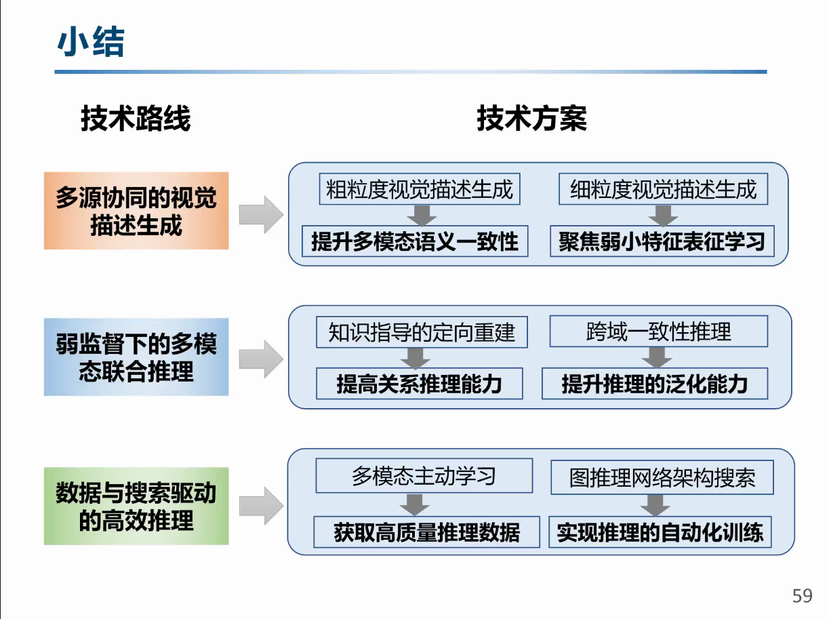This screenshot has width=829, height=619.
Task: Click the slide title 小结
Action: (x=91, y=41)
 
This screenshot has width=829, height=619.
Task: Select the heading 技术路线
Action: (x=136, y=119)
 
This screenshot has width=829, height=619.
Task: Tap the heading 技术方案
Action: (x=532, y=119)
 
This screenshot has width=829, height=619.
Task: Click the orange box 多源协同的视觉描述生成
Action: (x=136, y=211)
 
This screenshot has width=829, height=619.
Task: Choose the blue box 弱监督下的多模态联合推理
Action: (x=136, y=357)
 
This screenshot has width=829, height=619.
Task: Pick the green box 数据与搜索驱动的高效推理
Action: (x=136, y=506)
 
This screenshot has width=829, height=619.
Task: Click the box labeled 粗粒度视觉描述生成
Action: (x=420, y=189)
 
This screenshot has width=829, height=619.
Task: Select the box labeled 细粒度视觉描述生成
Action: (x=663, y=189)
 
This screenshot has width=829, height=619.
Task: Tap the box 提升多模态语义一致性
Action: (x=415, y=241)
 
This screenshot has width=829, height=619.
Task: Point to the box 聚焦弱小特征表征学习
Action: (x=662, y=241)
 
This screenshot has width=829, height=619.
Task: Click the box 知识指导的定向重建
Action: (x=422, y=332)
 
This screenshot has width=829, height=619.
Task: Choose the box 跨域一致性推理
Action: (x=659, y=332)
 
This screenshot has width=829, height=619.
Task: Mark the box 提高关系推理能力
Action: (x=419, y=384)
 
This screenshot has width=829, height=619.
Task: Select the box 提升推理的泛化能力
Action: (x=655, y=384)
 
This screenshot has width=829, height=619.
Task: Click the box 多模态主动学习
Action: (x=424, y=476)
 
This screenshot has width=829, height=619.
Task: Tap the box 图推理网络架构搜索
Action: (x=662, y=477)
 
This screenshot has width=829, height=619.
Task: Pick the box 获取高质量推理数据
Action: (x=426, y=532)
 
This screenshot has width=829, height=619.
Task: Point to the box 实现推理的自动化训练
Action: (x=660, y=532)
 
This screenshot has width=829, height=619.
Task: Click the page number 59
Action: (x=802, y=595)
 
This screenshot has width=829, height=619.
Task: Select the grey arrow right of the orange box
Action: (x=261, y=214)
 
